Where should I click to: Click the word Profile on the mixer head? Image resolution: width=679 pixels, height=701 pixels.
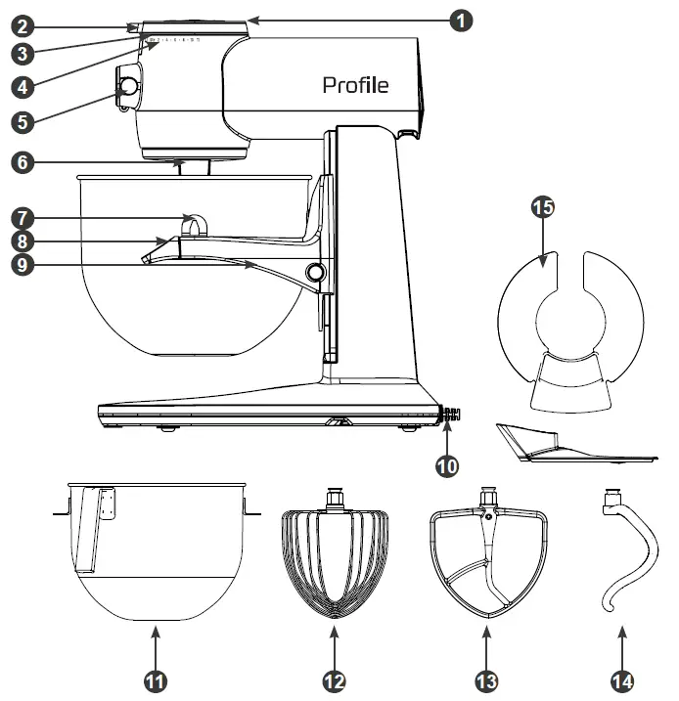[355, 86]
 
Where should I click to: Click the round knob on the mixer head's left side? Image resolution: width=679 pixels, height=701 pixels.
[127, 88]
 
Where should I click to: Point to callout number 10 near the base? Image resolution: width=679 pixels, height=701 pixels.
[447, 465]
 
